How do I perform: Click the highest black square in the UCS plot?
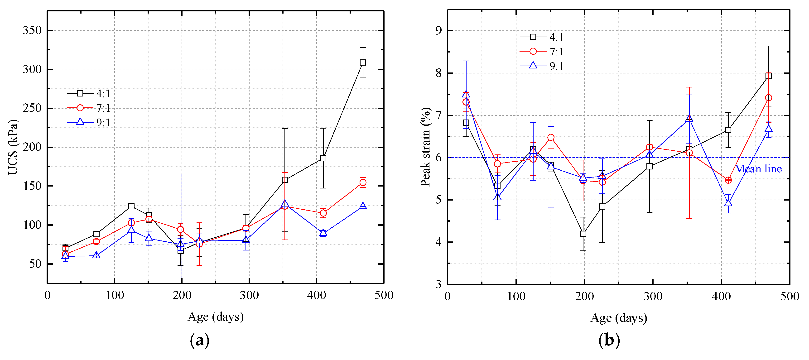(363, 62)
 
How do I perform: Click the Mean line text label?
(758, 169)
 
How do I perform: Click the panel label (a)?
(199, 341)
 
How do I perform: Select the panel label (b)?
(609, 341)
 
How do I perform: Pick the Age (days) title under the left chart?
(215, 317)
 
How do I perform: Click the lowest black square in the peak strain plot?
(583, 234)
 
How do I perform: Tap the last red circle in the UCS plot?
(363, 182)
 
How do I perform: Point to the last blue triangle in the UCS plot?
(363, 206)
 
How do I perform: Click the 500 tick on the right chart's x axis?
(790, 296)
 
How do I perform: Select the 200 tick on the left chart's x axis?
(182, 295)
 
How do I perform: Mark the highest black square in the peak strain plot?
(769, 76)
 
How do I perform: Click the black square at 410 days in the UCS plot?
(323, 158)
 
